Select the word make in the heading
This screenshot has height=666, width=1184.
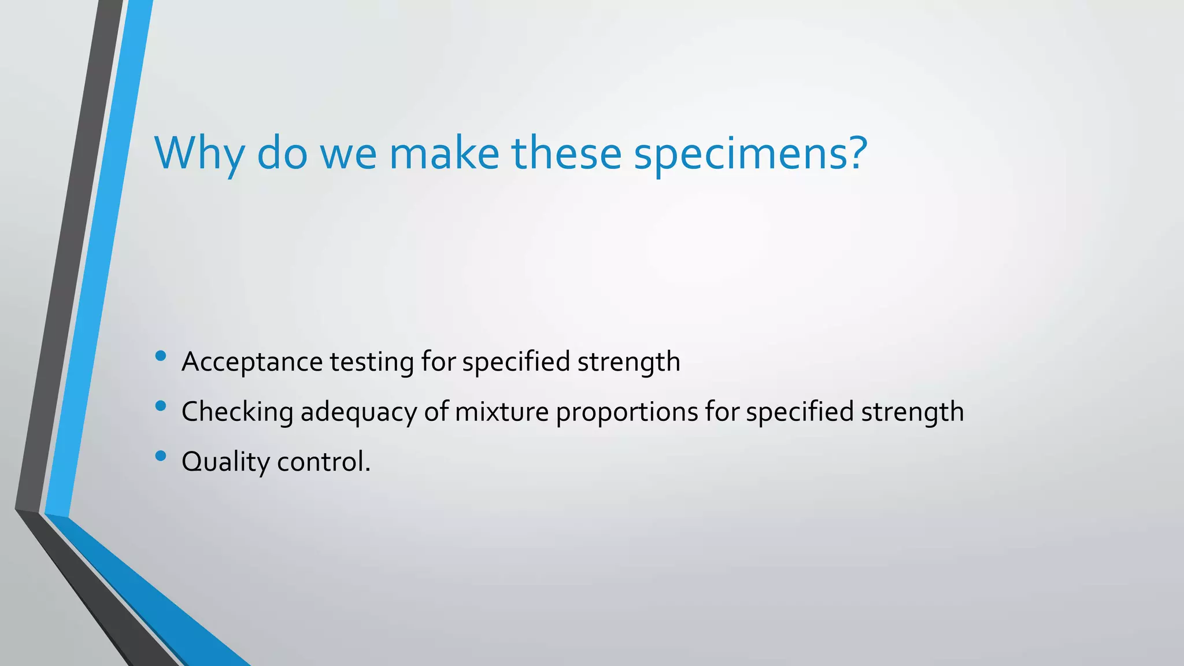(x=444, y=153)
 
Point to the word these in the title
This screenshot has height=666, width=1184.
(x=566, y=153)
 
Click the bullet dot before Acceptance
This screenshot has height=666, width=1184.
(x=161, y=356)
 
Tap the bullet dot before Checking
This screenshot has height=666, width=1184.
(x=161, y=406)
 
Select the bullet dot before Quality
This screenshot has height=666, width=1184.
(x=161, y=456)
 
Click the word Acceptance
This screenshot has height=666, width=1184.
(x=252, y=362)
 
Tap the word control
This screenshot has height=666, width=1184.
(x=323, y=462)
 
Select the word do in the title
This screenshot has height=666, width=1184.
(x=282, y=153)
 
